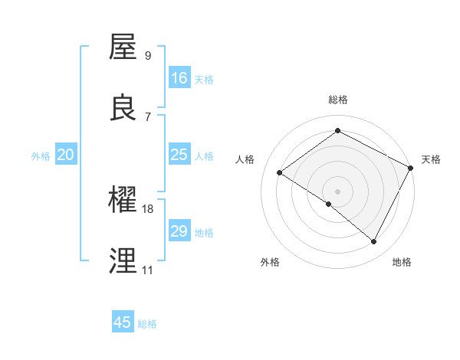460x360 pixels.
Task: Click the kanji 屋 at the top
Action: click(123, 47)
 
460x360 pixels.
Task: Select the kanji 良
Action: click(123, 108)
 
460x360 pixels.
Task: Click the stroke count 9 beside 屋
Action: click(148, 55)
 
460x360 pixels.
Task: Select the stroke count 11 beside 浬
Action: click(147, 270)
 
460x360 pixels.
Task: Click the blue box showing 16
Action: click(179, 78)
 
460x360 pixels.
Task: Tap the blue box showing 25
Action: click(179, 155)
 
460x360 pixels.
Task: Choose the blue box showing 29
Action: click(179, 231)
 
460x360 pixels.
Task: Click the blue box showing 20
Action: click(65, 155)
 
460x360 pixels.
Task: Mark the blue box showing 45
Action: click(123, 322)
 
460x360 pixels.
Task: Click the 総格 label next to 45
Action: click(147, 324)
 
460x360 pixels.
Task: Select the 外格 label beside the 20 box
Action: click(41, 156)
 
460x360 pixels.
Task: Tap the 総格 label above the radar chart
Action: click(338, 100)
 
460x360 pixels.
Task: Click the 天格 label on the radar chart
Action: click(431, 159)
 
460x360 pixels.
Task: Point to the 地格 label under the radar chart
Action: click(402, 262)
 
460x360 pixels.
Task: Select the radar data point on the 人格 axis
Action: click(280, 172)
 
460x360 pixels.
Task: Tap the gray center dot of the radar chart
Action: click(338, 191)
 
